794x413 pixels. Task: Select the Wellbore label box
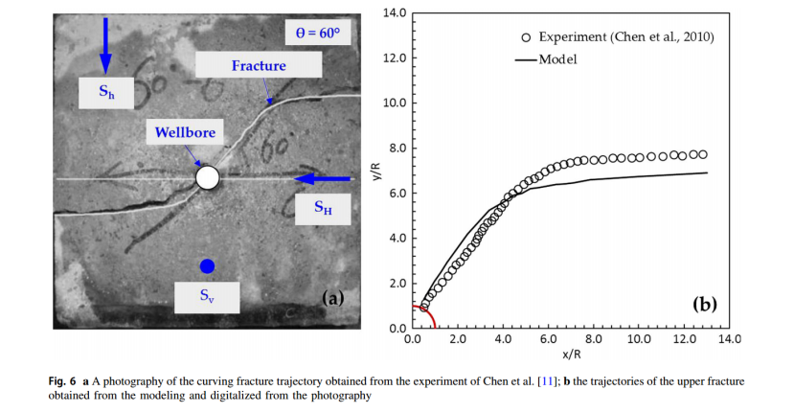click(186, 132)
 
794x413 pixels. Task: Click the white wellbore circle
click(208, 177)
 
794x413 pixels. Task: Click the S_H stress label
click(324, 208)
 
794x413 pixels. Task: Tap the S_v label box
click(207, 296)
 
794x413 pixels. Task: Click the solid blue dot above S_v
click(207, 265)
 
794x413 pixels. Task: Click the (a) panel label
click(331, 298)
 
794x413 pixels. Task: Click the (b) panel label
click(704, 305)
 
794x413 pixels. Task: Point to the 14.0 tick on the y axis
click(395, 12)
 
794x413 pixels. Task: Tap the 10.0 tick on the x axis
click(639, 338)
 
